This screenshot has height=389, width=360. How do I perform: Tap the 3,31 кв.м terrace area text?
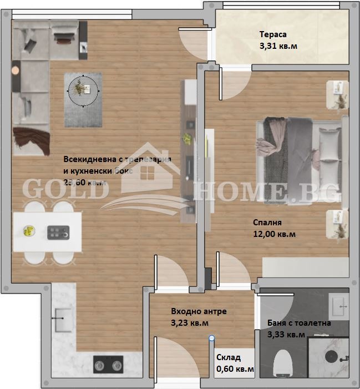coord(278,46)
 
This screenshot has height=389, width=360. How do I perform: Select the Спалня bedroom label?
coord(264,223)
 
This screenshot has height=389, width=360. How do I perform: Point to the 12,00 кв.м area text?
coord(274,234)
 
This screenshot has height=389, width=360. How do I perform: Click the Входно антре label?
coord(199,312)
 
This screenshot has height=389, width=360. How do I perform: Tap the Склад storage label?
coord(227,357)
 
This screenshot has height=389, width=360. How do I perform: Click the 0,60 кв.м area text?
coord(235,368)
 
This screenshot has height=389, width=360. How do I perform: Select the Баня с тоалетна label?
coord(299,323)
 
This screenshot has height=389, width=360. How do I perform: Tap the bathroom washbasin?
coord(339,304)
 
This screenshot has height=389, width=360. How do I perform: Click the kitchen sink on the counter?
coord(62,319)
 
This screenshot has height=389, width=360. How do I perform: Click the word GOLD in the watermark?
coord(64,190)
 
